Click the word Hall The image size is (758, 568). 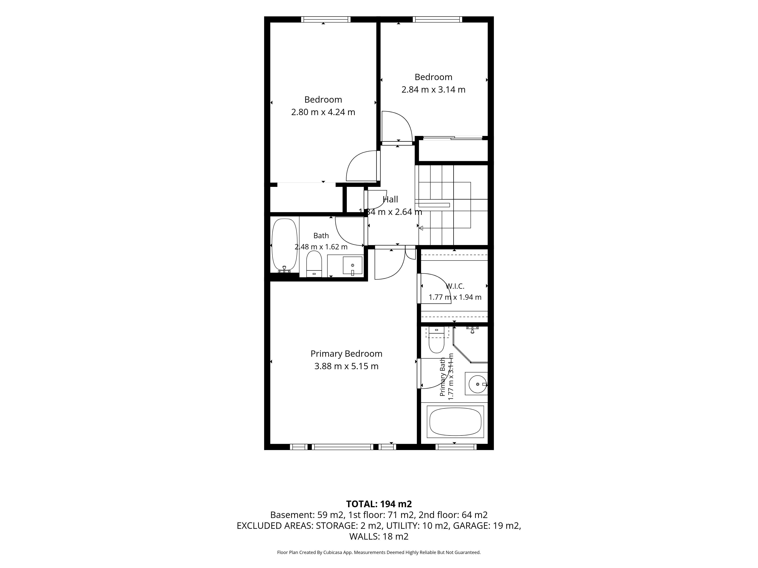(x=390, y=199)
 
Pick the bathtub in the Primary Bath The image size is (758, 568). (x=455, y=422)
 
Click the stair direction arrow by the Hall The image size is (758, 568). (x=421, y=228)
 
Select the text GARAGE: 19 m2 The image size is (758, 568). (x=487, y=526)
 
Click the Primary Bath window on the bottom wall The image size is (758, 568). (x=456, y=447)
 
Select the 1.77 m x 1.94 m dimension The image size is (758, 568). (x=455, y=297)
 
